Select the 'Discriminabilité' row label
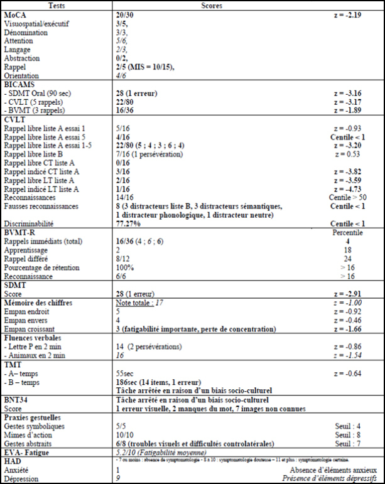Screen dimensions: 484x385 pyautogui.click(x=29, y=223)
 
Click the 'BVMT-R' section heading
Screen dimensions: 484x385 pyautogui.click(x=19, y=232)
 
